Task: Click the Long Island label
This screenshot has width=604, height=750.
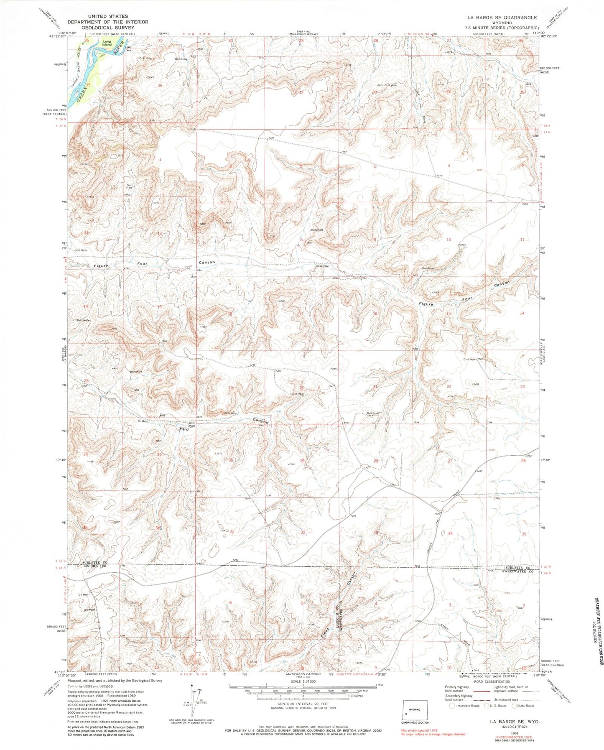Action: click(x=107, y=43)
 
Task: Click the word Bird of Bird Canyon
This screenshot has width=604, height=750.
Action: click(x=184, y=429)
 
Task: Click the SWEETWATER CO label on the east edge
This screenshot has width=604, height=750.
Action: click(x=516, y=571)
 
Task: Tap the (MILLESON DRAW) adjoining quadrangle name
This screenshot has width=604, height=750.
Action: click(x=303, y=33)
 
